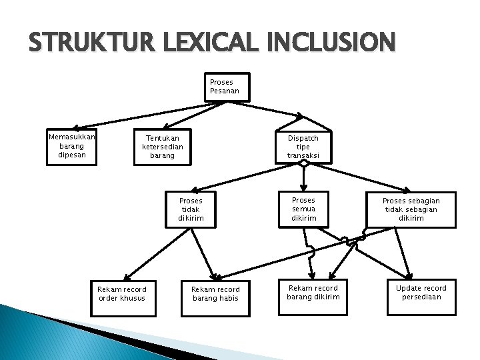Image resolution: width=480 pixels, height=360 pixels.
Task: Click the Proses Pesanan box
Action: [x=227, y=87]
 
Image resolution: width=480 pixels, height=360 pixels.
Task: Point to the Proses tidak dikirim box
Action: [x=191, y=209]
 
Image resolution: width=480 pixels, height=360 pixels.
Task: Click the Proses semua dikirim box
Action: [x=303, y=209]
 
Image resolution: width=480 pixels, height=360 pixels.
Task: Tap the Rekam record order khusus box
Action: [x=122, y=293]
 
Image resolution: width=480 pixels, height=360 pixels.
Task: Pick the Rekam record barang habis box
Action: [x=215, y=293]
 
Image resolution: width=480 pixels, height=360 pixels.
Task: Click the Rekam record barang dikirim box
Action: [x=313, y=293]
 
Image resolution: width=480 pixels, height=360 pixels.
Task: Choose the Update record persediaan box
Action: [x=421, y=293]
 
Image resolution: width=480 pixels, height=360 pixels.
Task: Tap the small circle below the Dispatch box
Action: [x=303, y=163]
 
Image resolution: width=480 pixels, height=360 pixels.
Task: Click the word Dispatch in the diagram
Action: [x=303, y=138]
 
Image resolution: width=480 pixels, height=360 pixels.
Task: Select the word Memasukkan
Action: [x=72, y=137]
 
